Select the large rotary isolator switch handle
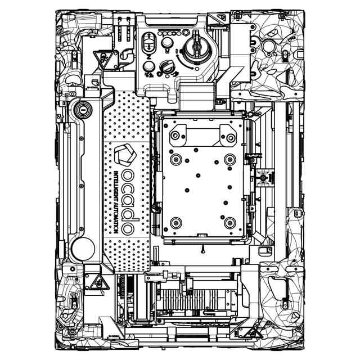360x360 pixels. click(196, 46)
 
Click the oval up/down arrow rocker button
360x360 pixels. click(150, 43)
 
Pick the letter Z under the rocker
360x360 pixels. click(148, 57)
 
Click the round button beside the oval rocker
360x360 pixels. click(167, 43)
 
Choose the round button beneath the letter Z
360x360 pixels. click(148, 66)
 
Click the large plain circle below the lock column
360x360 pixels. click(83, 247)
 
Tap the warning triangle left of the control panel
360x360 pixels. click(102, 57)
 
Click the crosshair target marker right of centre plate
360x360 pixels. click(263, 179)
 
